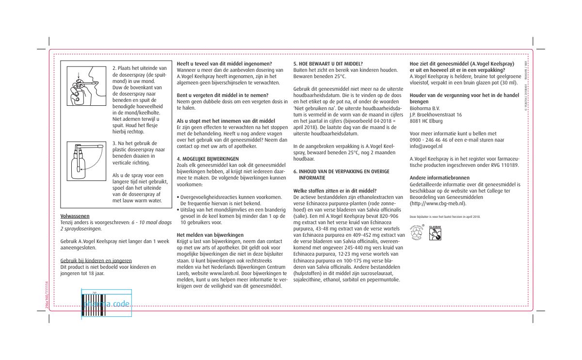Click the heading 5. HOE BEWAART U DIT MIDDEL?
point(328,64)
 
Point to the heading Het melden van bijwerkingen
point(210,235)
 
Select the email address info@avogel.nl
point(426,146)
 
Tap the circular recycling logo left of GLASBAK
point(417,233)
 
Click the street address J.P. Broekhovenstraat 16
point(436,115)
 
